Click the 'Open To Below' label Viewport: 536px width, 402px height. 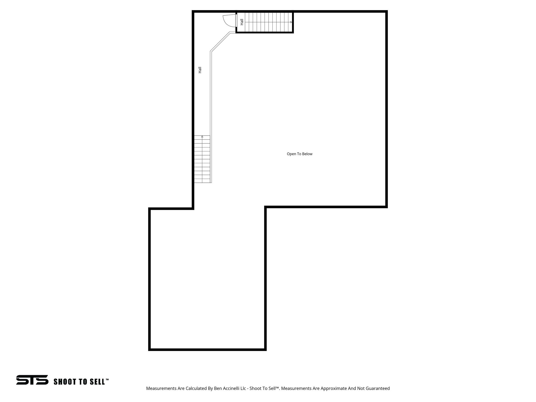[x=299, y=154]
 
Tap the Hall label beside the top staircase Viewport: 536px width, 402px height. [x=242, y=22]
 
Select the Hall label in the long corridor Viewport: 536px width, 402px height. [x=200, y=70]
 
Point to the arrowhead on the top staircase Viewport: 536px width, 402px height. [x=291, y=22]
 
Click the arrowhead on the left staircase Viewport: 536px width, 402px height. [x=202, y=137]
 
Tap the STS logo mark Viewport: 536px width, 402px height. [x=32, y=380]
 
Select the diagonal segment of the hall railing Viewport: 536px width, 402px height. [x=220, y=42]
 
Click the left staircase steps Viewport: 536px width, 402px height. [x=202, y=160]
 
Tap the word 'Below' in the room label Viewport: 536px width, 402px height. [x=307, y=154]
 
